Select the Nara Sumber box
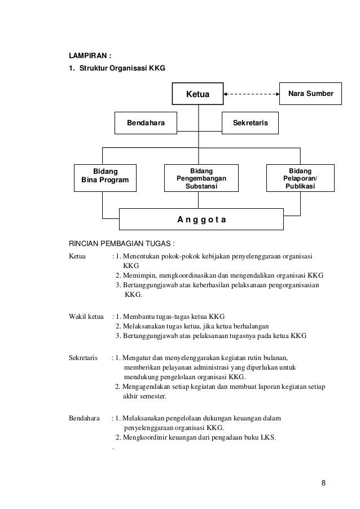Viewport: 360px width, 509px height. pyautogui.click(x=310, y=93)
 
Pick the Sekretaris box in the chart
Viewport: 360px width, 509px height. pyautogui.click(x=251, y=122)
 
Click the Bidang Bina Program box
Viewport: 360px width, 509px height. pyautogui.click(x=105, y=175)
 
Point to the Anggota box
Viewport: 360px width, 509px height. pyautogui.click(x=201, y=219)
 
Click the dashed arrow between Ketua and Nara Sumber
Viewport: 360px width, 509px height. pyautogui.click(x=252, y=94)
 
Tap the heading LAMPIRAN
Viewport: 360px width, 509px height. pyautogui.click(x=90, y=56)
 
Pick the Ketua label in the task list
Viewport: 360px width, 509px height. pyautogui.click(x=77, y=257)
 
